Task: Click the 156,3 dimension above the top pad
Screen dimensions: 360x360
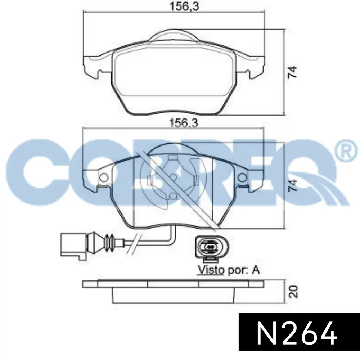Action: (184, 6)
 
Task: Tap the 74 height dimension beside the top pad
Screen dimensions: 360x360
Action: (293, 72)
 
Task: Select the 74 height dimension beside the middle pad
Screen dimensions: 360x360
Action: (293, 185)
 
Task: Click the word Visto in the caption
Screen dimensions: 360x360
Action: (211, 270)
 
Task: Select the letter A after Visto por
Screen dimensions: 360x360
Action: (256, 270)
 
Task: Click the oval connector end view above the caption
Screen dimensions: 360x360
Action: (212, 248)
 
